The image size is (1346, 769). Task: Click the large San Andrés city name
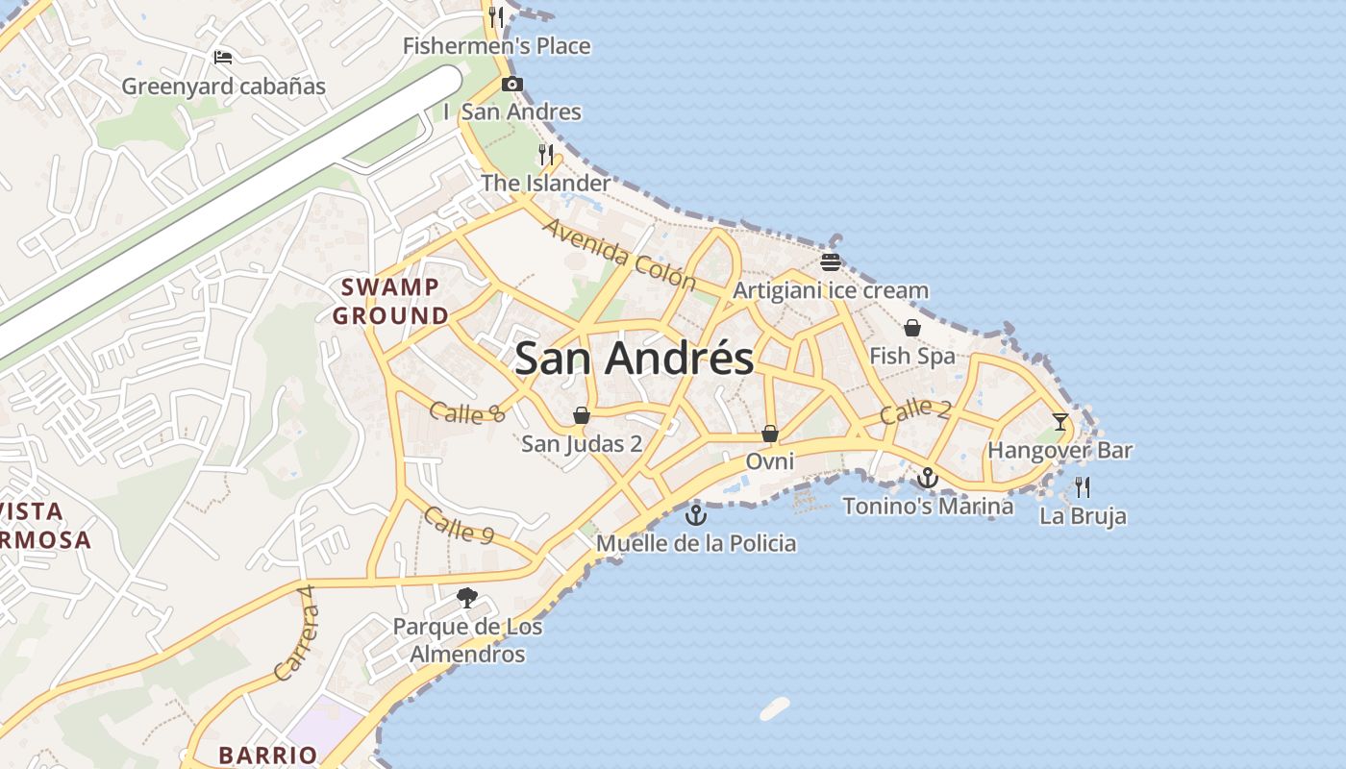(634, 359)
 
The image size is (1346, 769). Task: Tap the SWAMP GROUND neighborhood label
(389, 301)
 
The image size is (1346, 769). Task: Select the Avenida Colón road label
(619, 255)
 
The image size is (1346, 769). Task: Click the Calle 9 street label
(459, 525)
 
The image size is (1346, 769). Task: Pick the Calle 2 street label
(914, 410)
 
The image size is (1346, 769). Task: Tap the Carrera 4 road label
(294, 633)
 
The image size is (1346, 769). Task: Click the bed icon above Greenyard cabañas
(223, 58)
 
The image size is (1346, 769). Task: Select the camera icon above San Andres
(512, 85)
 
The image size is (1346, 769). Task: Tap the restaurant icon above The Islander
(546, 154)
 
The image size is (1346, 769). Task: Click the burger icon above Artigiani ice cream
(831, 261)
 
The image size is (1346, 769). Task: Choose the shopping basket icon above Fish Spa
(911, 329)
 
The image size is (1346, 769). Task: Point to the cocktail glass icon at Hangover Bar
(1059, 421)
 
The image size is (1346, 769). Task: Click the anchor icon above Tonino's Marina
(927, 477)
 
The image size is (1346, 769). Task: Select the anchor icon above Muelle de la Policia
(695, 515)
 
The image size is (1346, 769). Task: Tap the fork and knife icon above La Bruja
(1083, 486)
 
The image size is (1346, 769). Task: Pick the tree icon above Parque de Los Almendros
(467, 598)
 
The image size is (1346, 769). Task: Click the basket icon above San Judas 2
(582, 415)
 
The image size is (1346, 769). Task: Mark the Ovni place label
(770, 461)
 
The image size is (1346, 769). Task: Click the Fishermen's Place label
(496, 46)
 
